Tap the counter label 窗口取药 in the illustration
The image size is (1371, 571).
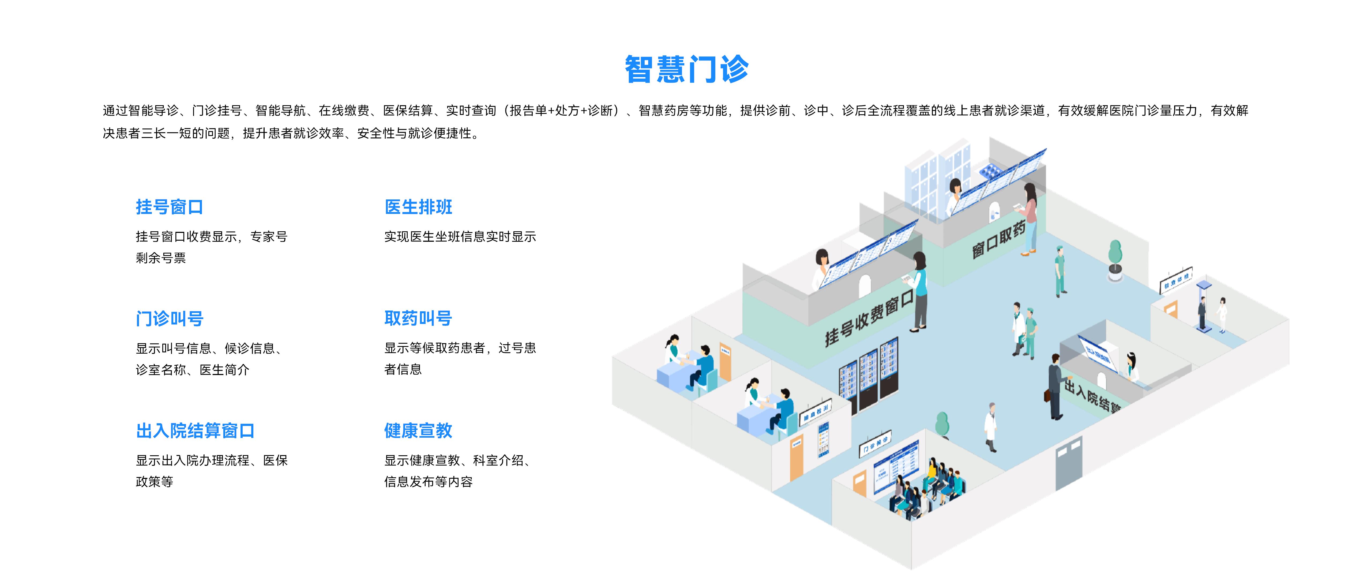[x=998, y=241]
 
